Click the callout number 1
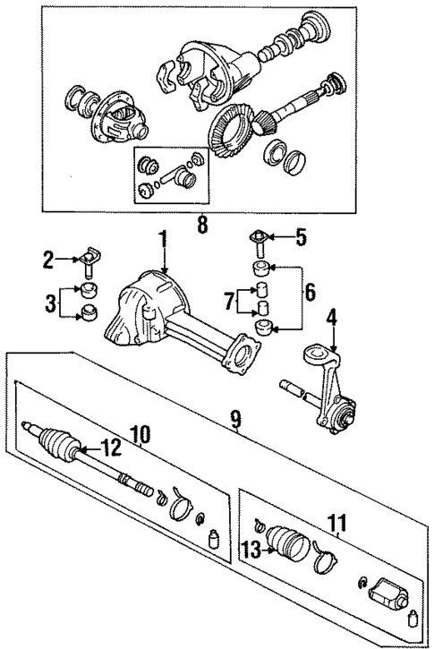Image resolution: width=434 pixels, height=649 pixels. click(163, 239)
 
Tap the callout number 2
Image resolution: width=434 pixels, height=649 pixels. click(48, 260)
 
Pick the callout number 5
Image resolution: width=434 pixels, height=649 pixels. click(302, 237)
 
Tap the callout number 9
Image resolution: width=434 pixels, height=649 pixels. click(236, 417)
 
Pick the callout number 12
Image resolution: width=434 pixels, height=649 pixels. click(109, 448)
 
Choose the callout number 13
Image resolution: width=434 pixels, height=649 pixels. click(253, 550)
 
